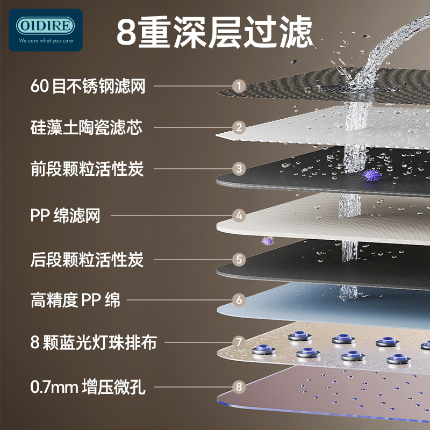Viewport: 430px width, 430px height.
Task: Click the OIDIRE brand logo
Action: [45, 26]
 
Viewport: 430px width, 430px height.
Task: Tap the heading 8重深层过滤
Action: [214, 32]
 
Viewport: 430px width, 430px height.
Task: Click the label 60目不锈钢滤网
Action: [88, 85]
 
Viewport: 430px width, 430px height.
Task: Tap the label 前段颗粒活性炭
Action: [87, 168]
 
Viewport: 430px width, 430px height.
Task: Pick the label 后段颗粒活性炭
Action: [87, 259]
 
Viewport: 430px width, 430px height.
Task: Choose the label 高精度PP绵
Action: [75, 299]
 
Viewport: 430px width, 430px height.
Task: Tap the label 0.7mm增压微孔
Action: [88, 385]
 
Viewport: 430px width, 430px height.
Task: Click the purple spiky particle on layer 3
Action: [370, 175]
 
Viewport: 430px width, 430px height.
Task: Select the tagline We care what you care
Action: [45, 40]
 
